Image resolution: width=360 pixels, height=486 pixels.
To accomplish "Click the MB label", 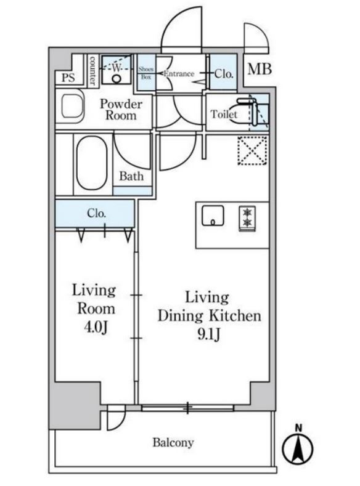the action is click(x=260, y=69).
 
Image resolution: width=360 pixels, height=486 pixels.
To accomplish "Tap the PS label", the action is click(x=68, y=78).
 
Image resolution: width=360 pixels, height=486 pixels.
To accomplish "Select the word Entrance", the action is click(x=179, y=74).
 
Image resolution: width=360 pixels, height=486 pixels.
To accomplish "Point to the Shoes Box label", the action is click(x=146, y=73).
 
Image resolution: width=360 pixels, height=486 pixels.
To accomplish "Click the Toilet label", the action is click(x=224, y=115).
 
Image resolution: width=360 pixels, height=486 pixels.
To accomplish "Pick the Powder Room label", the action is click(x=121, y=110).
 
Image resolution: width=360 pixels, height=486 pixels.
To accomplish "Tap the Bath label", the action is click(x=131, y=176).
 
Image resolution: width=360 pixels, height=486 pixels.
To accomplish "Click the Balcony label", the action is click(x=173, y=443).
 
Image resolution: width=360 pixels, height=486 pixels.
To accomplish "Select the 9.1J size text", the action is click(x=209, y=334).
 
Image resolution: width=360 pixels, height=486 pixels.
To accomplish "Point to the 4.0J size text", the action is click(x=96, y=327).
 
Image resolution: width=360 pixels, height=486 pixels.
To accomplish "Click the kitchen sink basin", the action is click(x=213, y=216).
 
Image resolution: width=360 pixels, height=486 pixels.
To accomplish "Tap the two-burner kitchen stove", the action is click(x=247, y=219).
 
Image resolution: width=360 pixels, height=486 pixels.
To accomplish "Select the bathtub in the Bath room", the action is click(x=92, y=163).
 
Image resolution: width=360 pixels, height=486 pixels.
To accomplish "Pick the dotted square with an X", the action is click(x=253, y=151).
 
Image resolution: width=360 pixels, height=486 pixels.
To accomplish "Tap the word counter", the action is click(x=92, y=70).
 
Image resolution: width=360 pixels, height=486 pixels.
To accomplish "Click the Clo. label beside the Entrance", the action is click(x=224, y=74).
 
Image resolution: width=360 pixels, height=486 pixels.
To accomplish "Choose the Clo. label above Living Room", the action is click(x=96, y=213).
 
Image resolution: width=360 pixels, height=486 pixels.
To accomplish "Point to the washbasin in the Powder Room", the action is click(x=73, y=105).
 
